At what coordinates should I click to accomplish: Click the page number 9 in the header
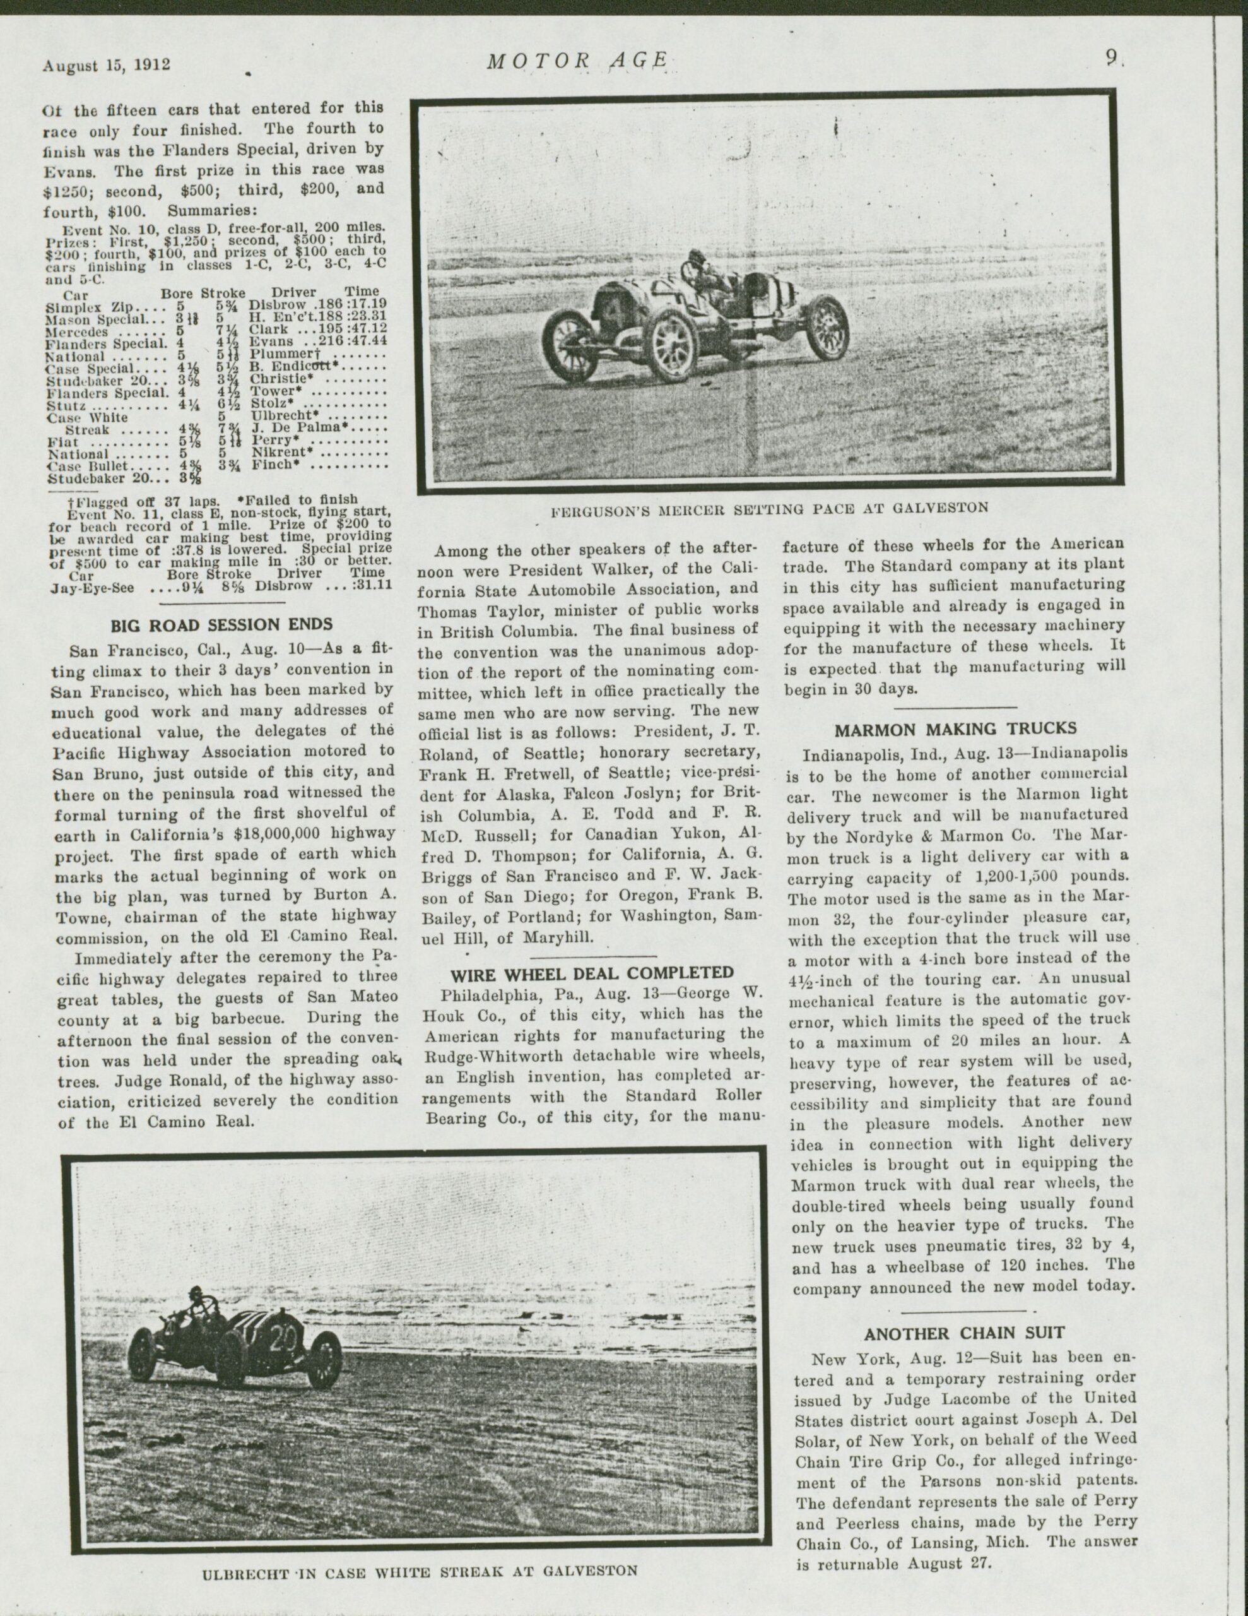tap(1111, 59)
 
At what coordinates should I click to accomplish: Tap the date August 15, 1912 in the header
tap(107, 65)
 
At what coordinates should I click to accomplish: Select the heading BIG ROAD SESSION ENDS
tap(221, 625)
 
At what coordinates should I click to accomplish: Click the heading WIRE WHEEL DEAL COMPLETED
tap(592, 972)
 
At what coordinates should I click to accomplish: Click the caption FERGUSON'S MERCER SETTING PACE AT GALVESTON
tap(771, 508)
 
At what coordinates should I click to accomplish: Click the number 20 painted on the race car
tap(283, 1337)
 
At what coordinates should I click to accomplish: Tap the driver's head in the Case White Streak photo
tap(197, 1293)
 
